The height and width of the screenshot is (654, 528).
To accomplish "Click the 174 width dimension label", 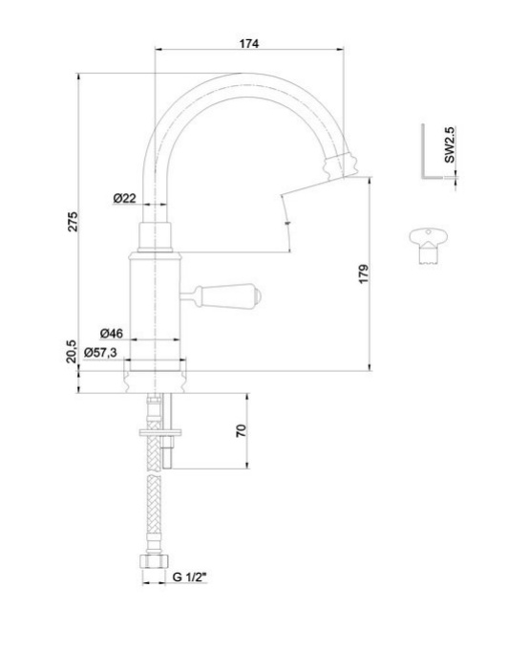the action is coord(249,43).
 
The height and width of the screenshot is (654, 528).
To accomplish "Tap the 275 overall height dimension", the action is coord(73,222).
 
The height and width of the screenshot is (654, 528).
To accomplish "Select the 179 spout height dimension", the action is coord(364,274).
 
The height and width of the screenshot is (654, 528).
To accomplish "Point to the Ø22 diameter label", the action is coord(125,198).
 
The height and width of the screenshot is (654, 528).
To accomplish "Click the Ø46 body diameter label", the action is coord(112,334).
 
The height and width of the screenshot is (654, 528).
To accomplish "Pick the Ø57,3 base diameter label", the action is coord(101,353).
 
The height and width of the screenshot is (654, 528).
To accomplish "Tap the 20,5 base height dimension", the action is coord(72,351).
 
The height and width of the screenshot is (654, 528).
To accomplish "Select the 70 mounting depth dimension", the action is coord(241,431).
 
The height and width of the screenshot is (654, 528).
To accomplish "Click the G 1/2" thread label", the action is coord(189,577).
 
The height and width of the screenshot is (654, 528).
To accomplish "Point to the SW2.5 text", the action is coord(450,144).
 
